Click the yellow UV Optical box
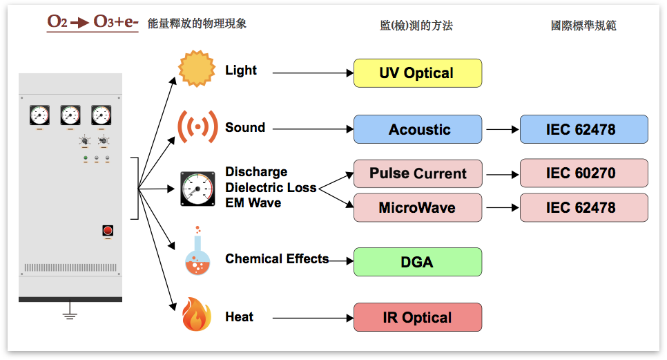[417, 73]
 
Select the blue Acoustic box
[417, 129]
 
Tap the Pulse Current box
[417, 173]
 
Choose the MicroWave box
[417, 207]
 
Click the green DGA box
[417, 262]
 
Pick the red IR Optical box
[417, 318]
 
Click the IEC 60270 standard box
[583, 173]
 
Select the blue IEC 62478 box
[583, 129]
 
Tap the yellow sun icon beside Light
[197, 68]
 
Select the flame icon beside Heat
[197, 314]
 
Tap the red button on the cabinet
[108, 230]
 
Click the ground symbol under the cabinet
[70, 315]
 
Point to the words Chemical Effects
[276, 259]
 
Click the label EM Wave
[253, 203]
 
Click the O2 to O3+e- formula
[93, 23]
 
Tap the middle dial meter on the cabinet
[70, 115]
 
